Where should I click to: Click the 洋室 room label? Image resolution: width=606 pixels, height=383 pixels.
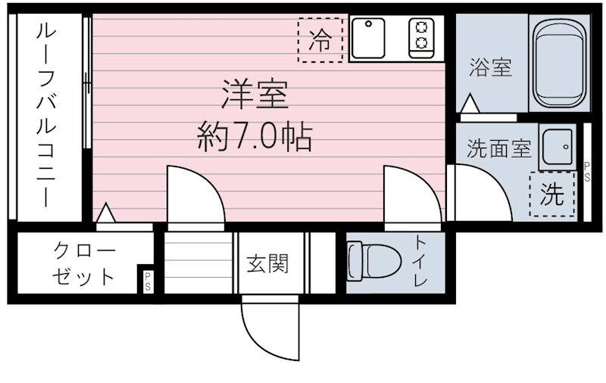point(254,96)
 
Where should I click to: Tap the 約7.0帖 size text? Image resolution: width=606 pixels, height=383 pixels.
point(254,137)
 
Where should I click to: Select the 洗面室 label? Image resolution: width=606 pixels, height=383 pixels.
point(498,149)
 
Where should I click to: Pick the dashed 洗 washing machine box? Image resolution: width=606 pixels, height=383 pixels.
point(552,195)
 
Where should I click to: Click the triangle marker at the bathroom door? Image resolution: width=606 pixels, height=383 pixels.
point(470,104)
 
